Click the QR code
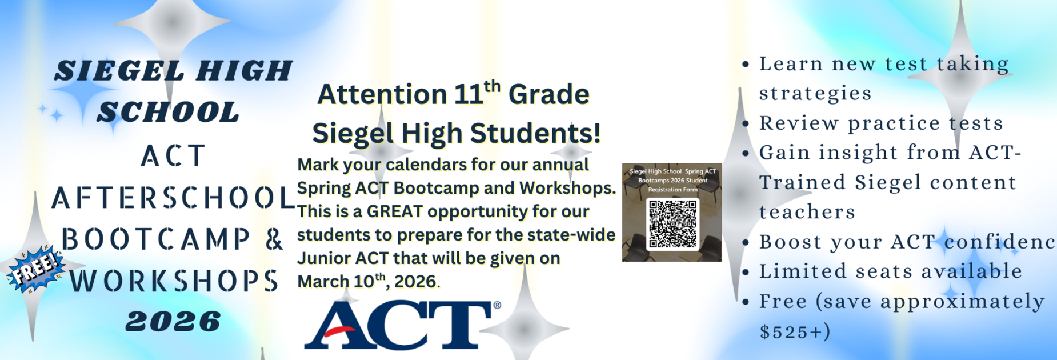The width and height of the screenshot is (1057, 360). [x=673, y=224]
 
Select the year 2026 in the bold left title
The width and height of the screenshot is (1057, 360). [x=173, y=322]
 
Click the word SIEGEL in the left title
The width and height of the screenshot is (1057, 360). [x=119, y=71]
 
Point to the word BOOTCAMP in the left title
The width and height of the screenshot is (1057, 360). [x=156, y=239]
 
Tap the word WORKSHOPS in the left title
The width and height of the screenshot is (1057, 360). [x=174, y=281]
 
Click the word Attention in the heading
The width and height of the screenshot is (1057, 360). [x=382, y=94]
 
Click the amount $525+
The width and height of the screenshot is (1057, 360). [x=795, y=331]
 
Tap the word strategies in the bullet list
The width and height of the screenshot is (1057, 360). [x=815, y=93]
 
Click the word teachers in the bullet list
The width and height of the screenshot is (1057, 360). [x=807, y=212]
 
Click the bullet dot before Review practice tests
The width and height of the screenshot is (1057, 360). [x=746, y=123]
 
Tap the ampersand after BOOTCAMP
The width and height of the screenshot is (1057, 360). [x=274, y=239]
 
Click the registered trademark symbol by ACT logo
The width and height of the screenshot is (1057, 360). [x=497, y=306]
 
